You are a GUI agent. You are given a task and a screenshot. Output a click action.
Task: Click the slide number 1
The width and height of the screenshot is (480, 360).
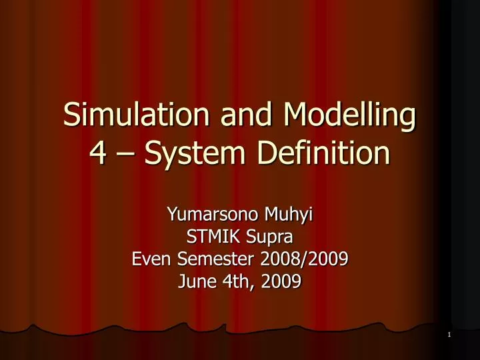[449, 335]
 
